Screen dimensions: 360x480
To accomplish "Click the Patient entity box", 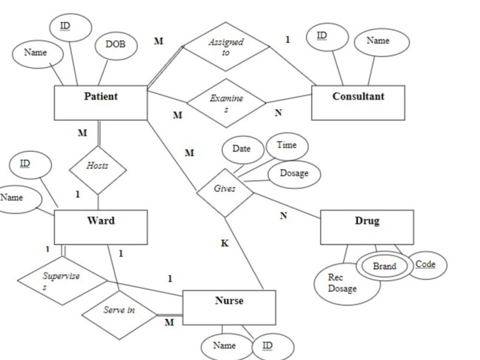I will (x=100, y=103).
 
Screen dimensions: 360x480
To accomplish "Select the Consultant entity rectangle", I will (x=358, y=103).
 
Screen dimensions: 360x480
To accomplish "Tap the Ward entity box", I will (x=100, y=227).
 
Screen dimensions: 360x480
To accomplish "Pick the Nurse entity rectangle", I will (x=229, y=307).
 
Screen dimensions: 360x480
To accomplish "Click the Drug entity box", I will (x=367, y=227).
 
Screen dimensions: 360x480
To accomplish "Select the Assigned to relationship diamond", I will (x=226, y=47).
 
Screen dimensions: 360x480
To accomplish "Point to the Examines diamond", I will (x=226, y=103).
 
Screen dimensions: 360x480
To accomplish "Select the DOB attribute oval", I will (x=115, y=45).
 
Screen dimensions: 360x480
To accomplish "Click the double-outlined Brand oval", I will (x=384, y=266).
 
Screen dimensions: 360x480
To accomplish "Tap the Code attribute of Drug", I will (x=426, y=265).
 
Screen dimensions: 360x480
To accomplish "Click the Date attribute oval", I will (x=242, y=149).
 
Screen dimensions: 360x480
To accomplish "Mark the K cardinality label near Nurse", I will (x=225, y=243).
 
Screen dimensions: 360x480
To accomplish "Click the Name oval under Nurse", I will (x=225, y=346).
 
